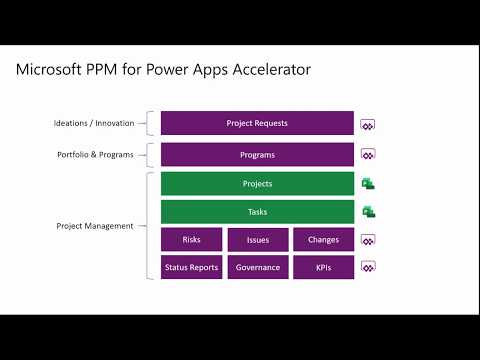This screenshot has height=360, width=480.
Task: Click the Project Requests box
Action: [257, 123]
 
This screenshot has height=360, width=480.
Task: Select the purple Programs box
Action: [257, 155]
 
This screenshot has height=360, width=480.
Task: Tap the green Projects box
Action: [257, 184]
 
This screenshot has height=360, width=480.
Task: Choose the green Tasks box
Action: [257, 212]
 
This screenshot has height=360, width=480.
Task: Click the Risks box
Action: [191, 240]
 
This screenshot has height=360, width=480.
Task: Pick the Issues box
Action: [257, 240]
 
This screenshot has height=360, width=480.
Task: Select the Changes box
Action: [323, 240]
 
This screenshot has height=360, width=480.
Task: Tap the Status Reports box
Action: [191, 267]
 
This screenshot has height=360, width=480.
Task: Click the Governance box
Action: [257, 267]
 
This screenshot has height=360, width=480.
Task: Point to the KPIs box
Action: [323, 267]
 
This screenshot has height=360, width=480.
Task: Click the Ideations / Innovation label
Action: [94, 124]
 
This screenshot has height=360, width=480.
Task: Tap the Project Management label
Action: [95, 226]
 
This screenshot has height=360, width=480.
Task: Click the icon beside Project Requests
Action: [368, 125]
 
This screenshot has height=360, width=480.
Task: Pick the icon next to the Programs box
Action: [368, 156]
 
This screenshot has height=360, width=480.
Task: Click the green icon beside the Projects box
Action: [368, 184]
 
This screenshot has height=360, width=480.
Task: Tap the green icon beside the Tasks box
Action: [368, 212]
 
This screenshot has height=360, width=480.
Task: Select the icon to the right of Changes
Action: [368, 241]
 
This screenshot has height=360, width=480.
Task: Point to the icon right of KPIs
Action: [368, 268]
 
